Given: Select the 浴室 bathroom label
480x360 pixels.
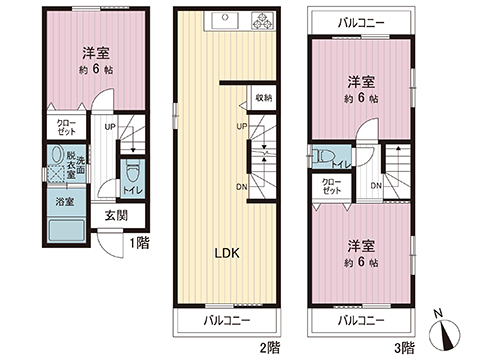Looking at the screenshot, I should click(x=61, y=201).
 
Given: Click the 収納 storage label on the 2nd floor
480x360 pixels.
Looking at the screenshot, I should click(x=263, y=98).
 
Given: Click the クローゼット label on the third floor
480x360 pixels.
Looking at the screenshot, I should click(x=330, y=186).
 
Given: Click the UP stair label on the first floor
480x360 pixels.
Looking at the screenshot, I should click(x=110, y=127).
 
